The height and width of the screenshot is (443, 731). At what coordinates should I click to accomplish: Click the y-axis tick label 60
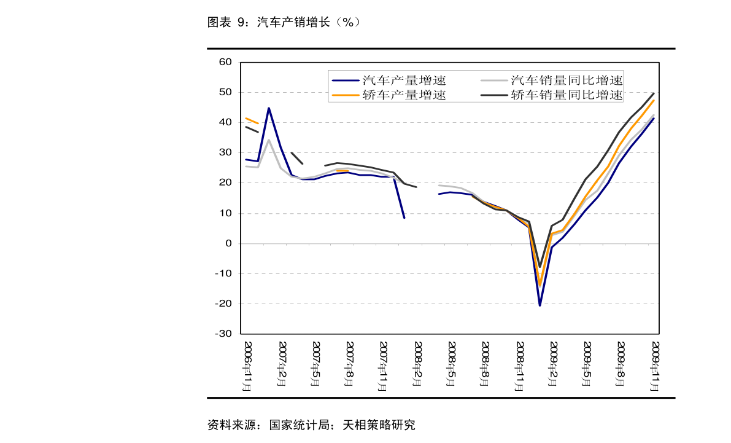(x=225, y=62)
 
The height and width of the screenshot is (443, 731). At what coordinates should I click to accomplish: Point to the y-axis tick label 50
(x=225, y=92)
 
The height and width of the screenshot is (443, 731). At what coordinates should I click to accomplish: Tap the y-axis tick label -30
(x=223, y=334)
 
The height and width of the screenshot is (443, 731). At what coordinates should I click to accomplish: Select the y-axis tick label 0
(x=228, y=243)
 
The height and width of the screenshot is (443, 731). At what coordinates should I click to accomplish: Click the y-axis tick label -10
(x=223, y=273)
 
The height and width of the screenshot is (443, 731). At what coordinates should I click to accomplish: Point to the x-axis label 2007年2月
(x=282, y=364)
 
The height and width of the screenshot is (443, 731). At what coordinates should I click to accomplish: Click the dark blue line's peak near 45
(x=269, y=108)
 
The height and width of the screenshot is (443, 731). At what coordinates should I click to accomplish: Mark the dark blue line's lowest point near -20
(x=540, y=305)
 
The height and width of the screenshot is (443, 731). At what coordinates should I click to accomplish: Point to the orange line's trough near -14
(x=540, y=285)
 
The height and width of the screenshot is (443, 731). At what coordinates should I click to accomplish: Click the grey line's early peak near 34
(x=269, y=140)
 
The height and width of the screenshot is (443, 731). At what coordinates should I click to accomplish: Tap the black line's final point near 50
(x=654, y=93)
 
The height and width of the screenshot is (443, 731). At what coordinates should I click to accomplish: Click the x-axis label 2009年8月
(x=622, y=364)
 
